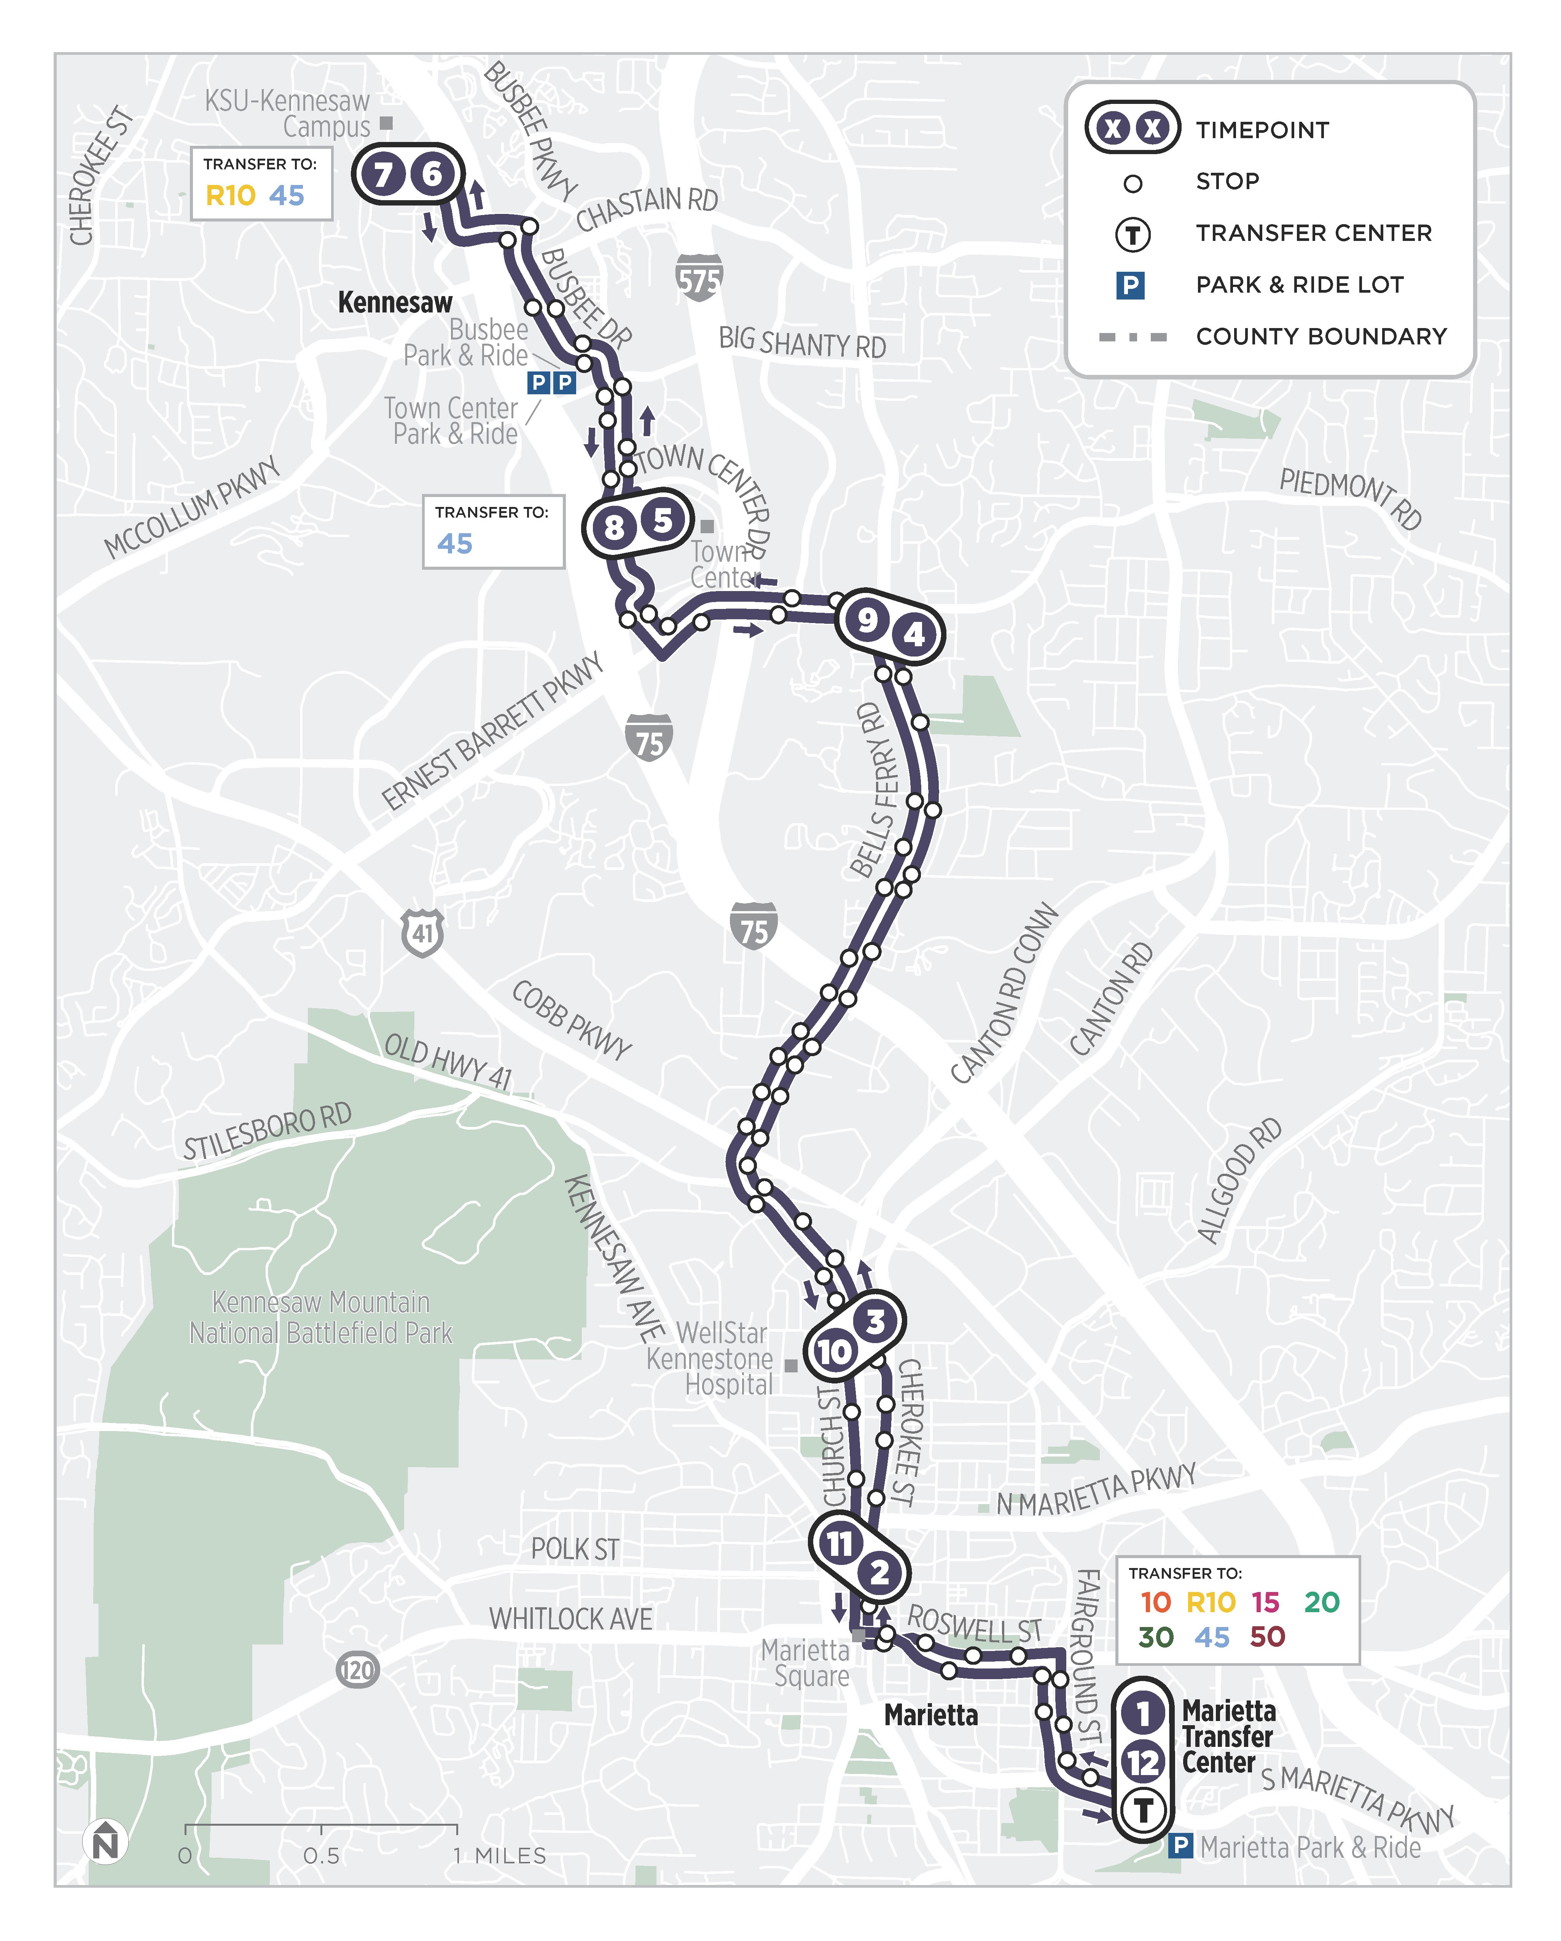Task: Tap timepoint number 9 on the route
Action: (x=867, y=619)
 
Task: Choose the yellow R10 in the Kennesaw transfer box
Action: (x=231, y=195)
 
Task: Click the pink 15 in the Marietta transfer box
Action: (x=1265, y=1602)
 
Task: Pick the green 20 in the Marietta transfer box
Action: (x=1322, y=1602)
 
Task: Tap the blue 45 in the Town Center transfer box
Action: (x=455, y=544)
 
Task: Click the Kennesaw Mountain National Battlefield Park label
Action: (x=320, y=1317)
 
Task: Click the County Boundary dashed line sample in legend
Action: (x=1133, y=337)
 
